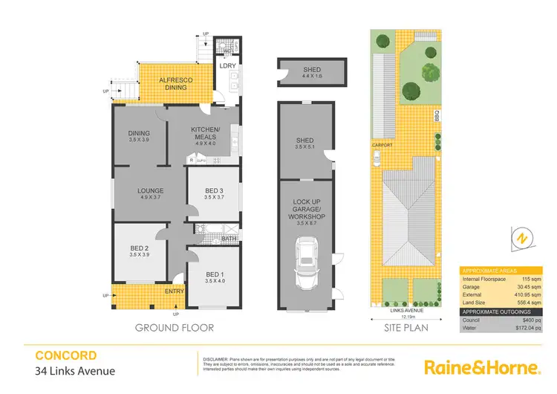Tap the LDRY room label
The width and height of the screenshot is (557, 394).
(227, 65)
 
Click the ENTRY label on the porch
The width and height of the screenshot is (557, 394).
(175, 291)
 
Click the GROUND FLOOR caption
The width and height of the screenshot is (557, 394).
(175, 327)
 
